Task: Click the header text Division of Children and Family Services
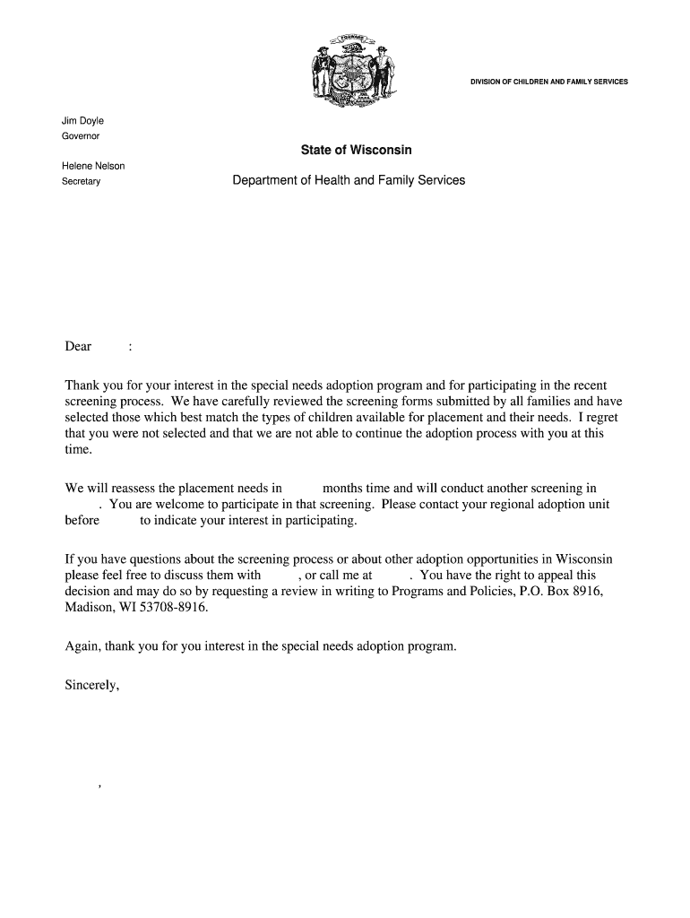(x=549, y=82)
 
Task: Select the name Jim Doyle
(x=82, y=121)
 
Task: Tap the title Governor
(x=81, y=136)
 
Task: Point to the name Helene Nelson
(x=93, y=166)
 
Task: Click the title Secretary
(x=81, y=181)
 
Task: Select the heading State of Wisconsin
(x=357, y=151)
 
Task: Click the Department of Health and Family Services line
(x=349, y=180)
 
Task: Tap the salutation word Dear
(x=79, y=347)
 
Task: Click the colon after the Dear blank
(x=131, y=347)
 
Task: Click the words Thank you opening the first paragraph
(x=92, y=385)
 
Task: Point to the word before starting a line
(x=82, y=521)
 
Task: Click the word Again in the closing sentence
(x=83, y=645)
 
